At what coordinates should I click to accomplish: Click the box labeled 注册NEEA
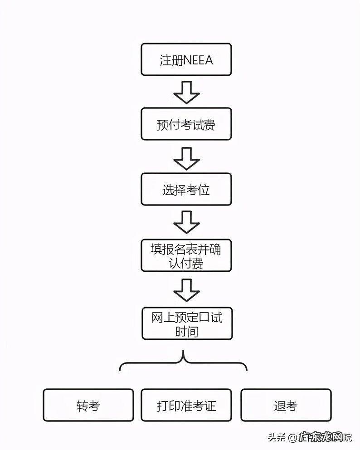(186, 59)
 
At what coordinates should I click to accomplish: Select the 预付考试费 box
(186, 124)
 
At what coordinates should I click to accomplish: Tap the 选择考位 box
(186, 189)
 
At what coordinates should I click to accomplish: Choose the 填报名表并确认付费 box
(186, 255)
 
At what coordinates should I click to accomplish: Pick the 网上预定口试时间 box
(187, 323)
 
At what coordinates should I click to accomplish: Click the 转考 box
(88, 405)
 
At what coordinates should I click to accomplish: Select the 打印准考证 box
(186, 405)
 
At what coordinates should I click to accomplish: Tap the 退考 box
(286, 405)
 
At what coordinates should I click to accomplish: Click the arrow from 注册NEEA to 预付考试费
(186, 93)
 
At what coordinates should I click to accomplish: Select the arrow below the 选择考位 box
(186, 222)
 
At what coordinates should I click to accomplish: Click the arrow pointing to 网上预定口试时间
(186, 290)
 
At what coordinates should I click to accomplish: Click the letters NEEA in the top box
(198, 60)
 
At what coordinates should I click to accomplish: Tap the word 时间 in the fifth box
(187, 331)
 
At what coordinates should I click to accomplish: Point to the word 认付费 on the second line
(187, 263)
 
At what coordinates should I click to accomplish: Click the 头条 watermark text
(277, 438)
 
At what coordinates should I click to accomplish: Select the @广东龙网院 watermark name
(321, 438)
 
